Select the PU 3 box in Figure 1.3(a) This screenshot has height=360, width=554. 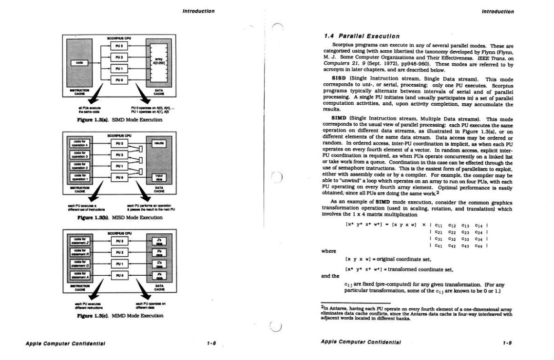(119, 46)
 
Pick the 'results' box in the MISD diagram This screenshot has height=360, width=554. (159, 144)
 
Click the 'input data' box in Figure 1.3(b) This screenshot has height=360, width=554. (159, 178)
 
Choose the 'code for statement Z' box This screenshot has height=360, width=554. (80, 241)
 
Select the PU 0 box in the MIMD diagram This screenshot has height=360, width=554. (119, 275)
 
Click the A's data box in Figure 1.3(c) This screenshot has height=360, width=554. (159, 275)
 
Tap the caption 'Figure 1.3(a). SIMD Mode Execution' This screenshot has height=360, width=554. (119, 119)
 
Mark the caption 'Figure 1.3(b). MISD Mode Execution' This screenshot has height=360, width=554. (119, 217)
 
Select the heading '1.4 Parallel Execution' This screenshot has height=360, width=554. (362, 36)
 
